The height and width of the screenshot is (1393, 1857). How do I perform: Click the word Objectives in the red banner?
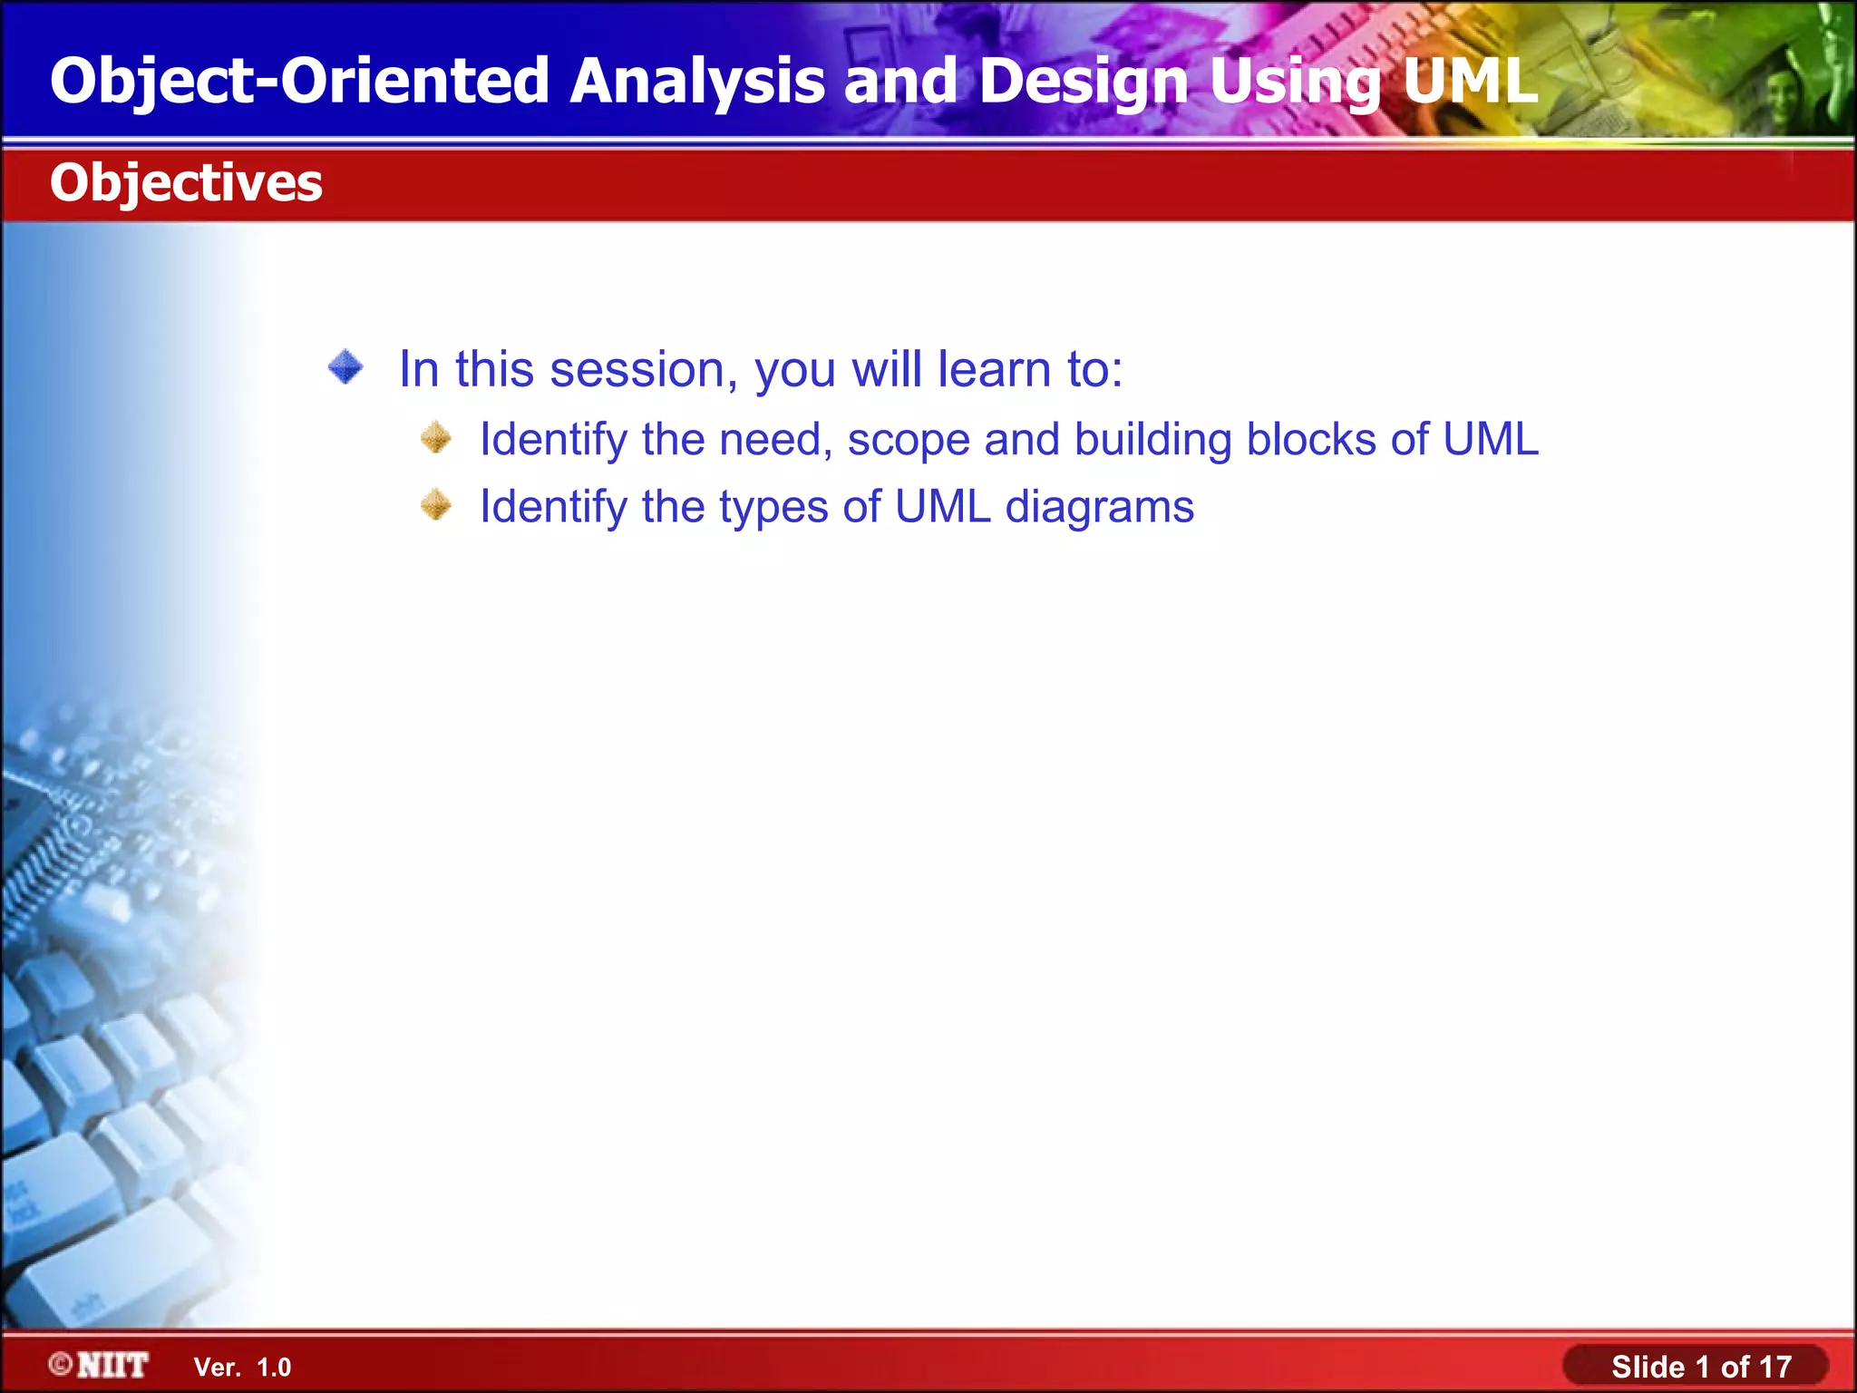pyautogui.click(x=186, y=183)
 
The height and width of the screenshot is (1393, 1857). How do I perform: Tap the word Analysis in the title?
pyautogui.click(x=696, y=82)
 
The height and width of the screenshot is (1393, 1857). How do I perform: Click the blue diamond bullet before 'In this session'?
pyautogui.click(x=345, y=368)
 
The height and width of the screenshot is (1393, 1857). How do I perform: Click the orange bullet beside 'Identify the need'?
pyautogui.click(x=436, y=438)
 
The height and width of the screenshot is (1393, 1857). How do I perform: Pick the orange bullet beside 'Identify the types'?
pyautogui.click(x=436, y=505)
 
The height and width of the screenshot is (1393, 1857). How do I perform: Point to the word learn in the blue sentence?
pyautogui.click(x=994, y=370)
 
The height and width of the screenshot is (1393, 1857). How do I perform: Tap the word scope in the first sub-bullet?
pyautogui.click(x=908, y=441)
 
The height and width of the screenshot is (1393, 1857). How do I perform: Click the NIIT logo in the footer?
pyautogui.click(x=112, y=1365)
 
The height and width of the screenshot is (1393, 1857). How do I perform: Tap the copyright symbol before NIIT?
pyautogui.click(x=61, y=1364)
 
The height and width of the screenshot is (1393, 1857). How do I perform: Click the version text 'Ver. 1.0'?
pyautogui.click(x=242, y=1367)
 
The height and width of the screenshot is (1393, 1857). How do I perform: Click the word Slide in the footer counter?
pyautogui.click(x=1648, y=1367)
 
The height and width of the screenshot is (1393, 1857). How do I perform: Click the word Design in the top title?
pyautogui.click(x=1084, y=82)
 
